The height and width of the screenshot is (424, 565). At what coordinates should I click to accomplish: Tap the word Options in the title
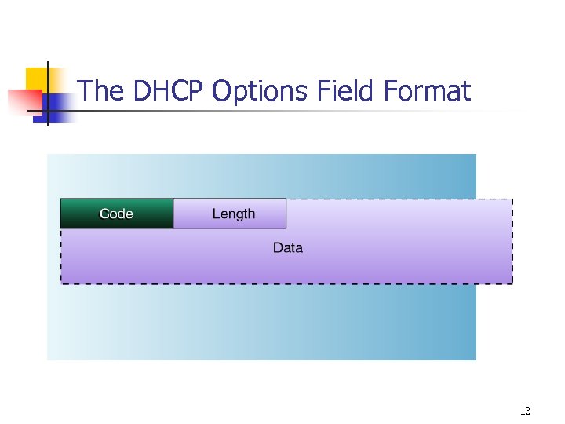click(x=261, y=93)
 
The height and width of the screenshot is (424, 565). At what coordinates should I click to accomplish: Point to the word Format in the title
click(x=428, y=92)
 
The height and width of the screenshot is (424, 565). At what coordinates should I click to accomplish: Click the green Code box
click(x=116, y=214)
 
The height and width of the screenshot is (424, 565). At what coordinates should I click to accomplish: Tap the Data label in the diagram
click(x=287, y=248)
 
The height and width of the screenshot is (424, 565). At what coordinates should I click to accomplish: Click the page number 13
click(x=525, y=411)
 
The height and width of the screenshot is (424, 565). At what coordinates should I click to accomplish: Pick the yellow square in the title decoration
click(x=36, y=79)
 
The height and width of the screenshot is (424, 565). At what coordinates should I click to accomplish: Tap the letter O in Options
click(x=222, y=92)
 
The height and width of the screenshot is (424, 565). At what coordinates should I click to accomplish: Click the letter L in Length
click(x=216, y=214)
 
